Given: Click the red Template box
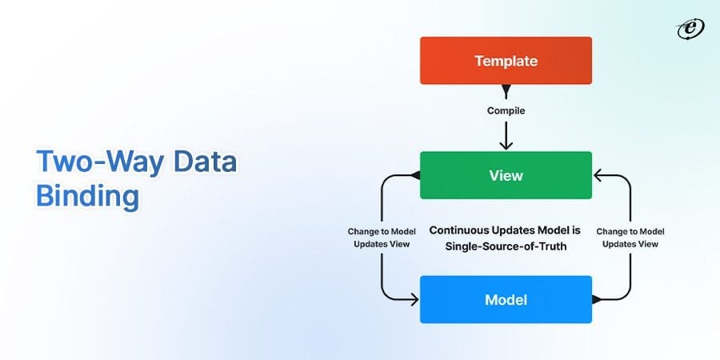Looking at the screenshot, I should [x=506, y=61].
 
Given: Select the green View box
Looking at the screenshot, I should [x=506, y=174].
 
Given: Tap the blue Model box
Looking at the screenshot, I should [x=506, y=299].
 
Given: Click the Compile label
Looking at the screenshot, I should [x=506, y=111].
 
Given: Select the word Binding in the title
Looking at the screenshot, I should [x=87, y=196].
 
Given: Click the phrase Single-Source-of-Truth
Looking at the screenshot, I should [x=506, y=247].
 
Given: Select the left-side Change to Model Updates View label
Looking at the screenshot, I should [x=382, y=238].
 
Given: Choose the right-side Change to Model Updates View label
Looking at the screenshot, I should [x=630, y=238].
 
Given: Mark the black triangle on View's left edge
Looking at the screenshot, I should [x=415, y=174].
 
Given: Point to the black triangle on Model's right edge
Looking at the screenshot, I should [x=597, y=299].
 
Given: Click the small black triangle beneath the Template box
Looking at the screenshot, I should [x=506, y=88].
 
